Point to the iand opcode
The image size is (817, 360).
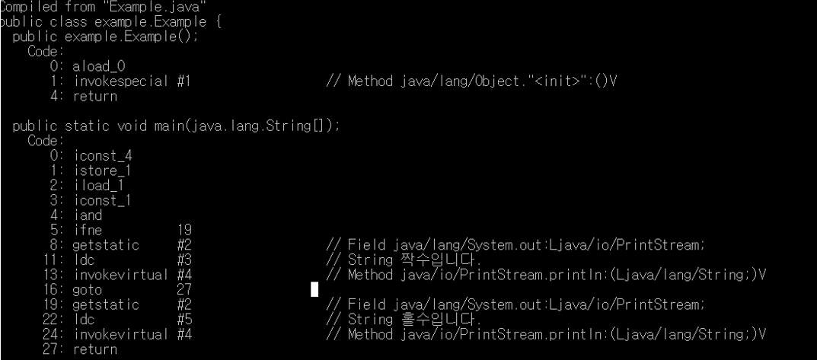[x=86, y=215]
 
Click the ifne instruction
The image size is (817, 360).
[x=86, y=230]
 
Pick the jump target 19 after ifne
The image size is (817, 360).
[x=184, y=230]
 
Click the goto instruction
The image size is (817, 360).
[x=86, y=289]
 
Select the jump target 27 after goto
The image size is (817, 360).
[x=184, y=289]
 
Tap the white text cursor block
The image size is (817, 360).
[x=314, y=289]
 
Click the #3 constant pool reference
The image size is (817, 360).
[x=184, y=260]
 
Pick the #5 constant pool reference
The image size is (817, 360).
[x=184, y=319]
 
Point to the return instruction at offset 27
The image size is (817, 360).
[x=95, y=349]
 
